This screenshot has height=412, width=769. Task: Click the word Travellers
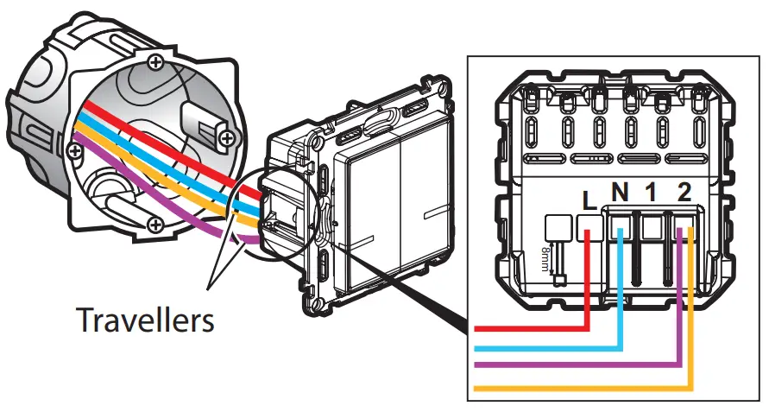pyautogui.click(x=146, y=320)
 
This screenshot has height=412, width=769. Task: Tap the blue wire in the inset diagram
pyautogui.click(x=552, y=347)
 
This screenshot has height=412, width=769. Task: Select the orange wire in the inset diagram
pyautogui.click(x=587, y=386)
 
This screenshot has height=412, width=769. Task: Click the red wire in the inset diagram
pyautogui.click(x=535, y=328)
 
